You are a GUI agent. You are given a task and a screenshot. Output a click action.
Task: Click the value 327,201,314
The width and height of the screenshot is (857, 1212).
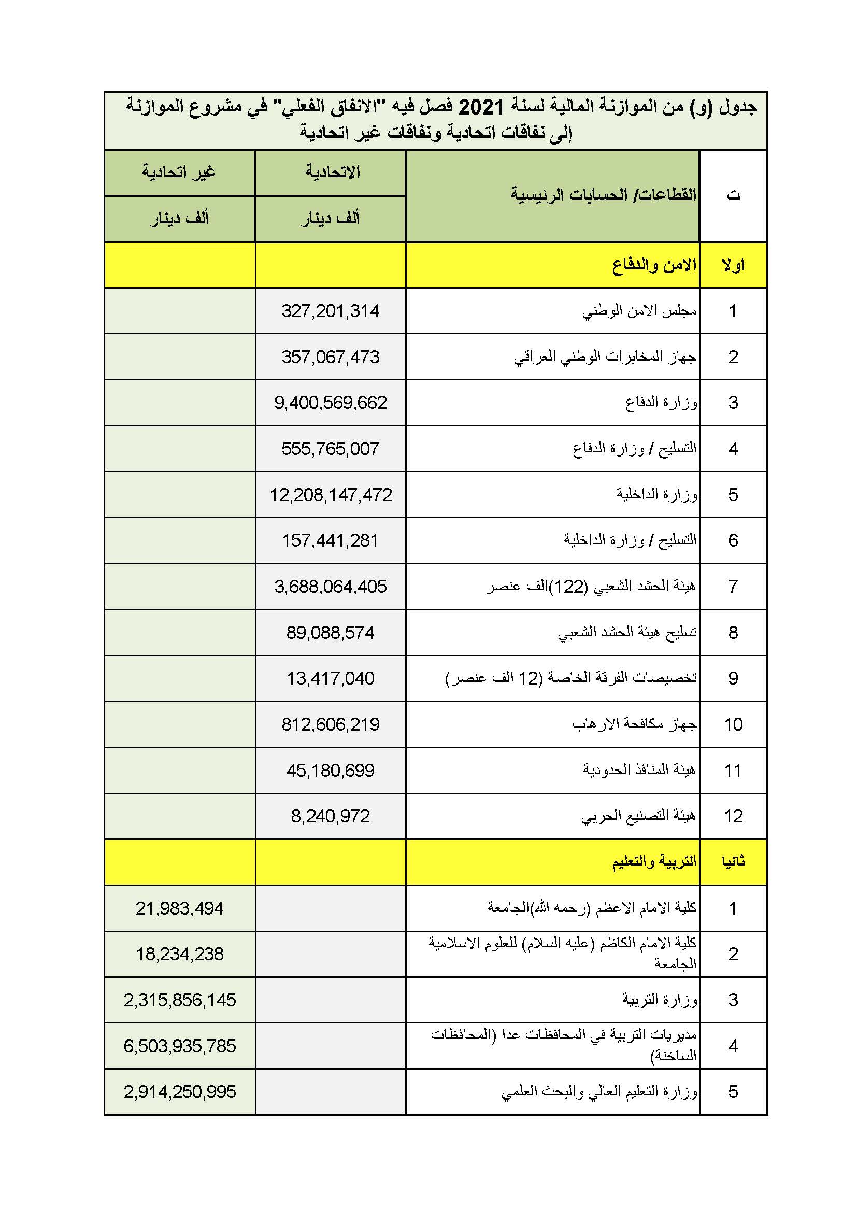pyautogui.click(x=331, y=311)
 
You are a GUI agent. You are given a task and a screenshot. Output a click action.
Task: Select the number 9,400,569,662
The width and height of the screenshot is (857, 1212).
pyautogui.click(x=331, y=403)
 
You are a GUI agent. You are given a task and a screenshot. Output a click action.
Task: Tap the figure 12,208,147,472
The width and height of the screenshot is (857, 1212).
pyautogui.click(x=331, y=495)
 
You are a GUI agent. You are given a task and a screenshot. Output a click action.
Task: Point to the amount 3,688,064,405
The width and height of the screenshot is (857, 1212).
pyautogui.click(x=331, y=587)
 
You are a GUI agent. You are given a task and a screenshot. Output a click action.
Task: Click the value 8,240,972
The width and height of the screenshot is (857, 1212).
pyautogui.click(x=331, y=816)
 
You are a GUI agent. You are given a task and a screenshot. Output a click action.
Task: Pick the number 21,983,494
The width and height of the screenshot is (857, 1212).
pyautogui.click(x=179, y=908)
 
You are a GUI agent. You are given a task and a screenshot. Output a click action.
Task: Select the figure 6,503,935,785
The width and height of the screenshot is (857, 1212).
pyautogui.click(x=179, y=1046)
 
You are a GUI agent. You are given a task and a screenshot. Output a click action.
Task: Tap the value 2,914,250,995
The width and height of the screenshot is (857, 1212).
pyautogui.click(x=179, y=1091)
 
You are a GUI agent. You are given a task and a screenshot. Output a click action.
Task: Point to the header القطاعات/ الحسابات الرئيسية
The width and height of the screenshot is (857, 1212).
pyautogui.click(x=603, y=195)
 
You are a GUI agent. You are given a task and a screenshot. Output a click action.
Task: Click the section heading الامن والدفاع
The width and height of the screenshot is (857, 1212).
pyautogui.click(x=654, y=265)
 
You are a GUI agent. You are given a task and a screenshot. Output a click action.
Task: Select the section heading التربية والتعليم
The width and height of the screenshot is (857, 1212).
pyautogui.click(x=654, y=862)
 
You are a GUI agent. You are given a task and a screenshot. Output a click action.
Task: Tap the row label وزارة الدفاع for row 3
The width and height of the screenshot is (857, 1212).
pyautogui.click(x=661, y=403)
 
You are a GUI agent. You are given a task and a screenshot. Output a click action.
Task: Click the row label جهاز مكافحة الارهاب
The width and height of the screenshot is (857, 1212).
pyautogui.click(x=634, y=724)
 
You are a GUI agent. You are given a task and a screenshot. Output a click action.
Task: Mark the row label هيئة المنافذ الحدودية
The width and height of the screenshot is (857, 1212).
pyautogui.click(x=639, y=770)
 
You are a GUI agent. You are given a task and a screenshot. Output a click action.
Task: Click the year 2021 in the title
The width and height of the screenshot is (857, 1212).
pyautogui.click(x=481, y=108)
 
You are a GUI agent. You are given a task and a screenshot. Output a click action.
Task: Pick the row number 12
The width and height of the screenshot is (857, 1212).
pyautogui.click(x=733, y=816)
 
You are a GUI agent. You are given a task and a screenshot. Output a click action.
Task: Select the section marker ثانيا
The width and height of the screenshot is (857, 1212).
pyautogui.click(x=733, y=862)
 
